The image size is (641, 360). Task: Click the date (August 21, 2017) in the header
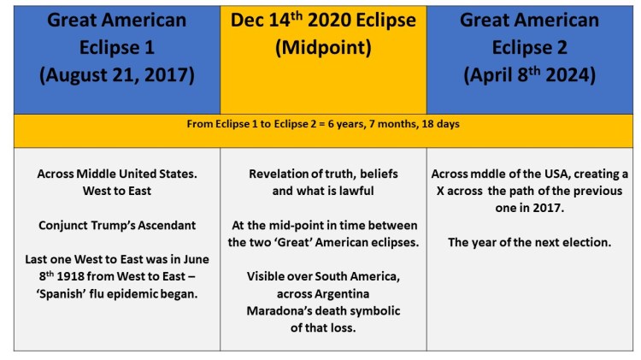coord(116,75)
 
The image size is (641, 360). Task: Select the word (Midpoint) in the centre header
coord(323,48)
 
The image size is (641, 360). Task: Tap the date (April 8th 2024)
coord(529,75)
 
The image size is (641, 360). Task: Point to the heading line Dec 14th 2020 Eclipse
coord(323,21)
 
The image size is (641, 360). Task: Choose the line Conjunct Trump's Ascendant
coord(117,226)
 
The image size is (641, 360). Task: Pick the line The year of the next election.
coord(529,242)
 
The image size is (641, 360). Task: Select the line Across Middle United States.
coord(117,174)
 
